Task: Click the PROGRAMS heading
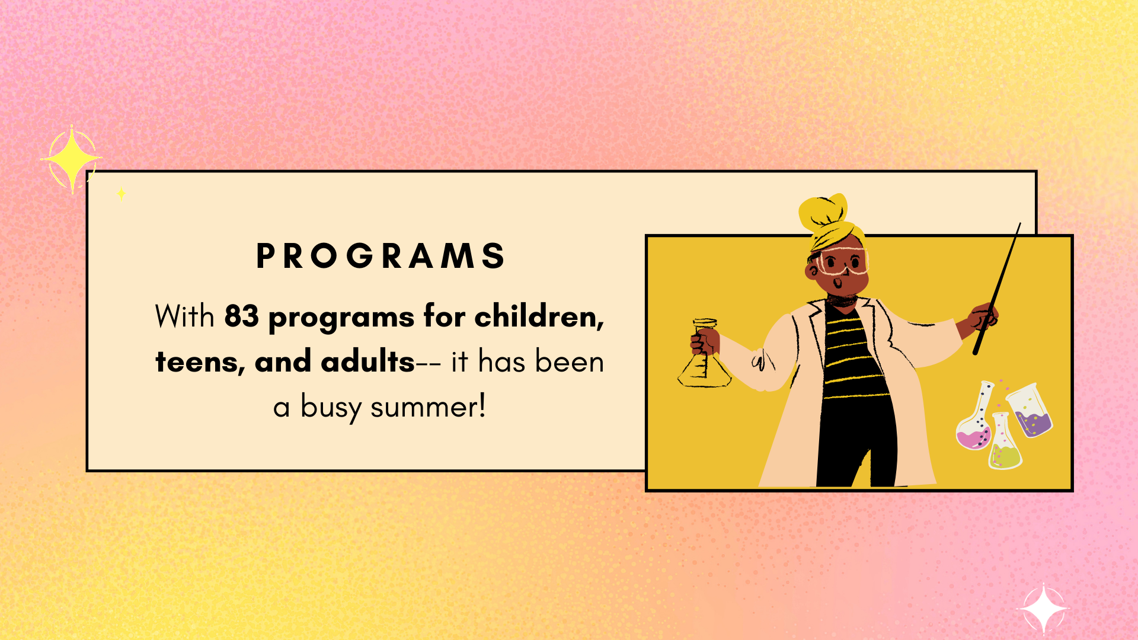tap(380, 256)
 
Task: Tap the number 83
tap(241, 316)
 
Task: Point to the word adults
tap(367, 361)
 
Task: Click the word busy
tap(331, 408)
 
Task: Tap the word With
tap(184, 316)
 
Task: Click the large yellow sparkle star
tap(72, 159)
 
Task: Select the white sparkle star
tap(1043, 609)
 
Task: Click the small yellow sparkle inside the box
tap(121, 193)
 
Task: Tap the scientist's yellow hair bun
tap(824, 212)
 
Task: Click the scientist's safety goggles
tap(842, 261)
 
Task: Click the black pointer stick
tap(997, 289)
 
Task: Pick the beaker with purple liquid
tap(1030, 410)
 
